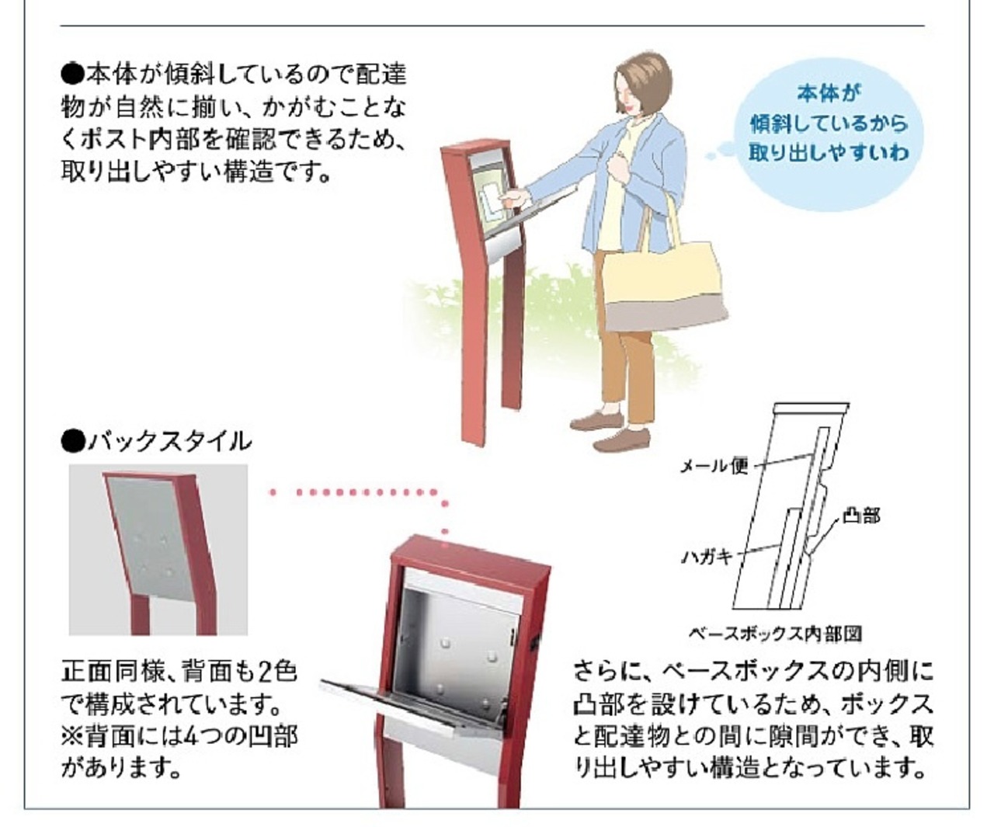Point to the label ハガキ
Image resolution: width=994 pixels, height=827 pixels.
pyautogui.click(x=707, y=556)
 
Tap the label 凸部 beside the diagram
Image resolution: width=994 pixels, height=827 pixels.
pyautogui.click(x=861, y=516)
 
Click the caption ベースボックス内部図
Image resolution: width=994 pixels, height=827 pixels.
pyautogui.click(x=775, y=634)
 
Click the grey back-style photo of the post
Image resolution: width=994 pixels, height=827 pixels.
pyautogui.click(x=158, y=550)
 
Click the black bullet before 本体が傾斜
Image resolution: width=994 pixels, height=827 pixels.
pyautogui.click(x=71, y=75)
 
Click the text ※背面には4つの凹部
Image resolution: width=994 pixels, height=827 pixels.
pyautogui.click(x=179, y=736)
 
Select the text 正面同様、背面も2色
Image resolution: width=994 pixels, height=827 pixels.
pyautogui.click(x=179, y=671)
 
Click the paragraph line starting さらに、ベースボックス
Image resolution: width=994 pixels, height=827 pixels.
pyautogui.click(x=753, y=671)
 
